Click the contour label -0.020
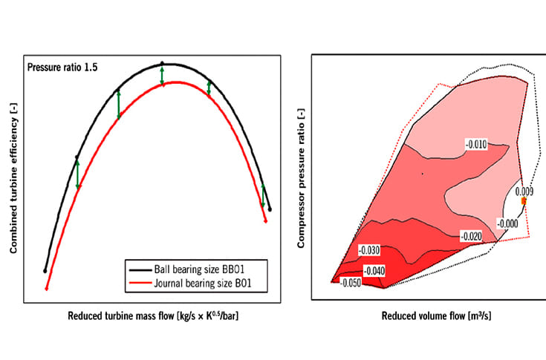472,236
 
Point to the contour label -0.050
351,283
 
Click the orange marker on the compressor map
524,201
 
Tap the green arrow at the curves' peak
162,76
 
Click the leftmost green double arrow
77,174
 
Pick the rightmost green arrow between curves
264,195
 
